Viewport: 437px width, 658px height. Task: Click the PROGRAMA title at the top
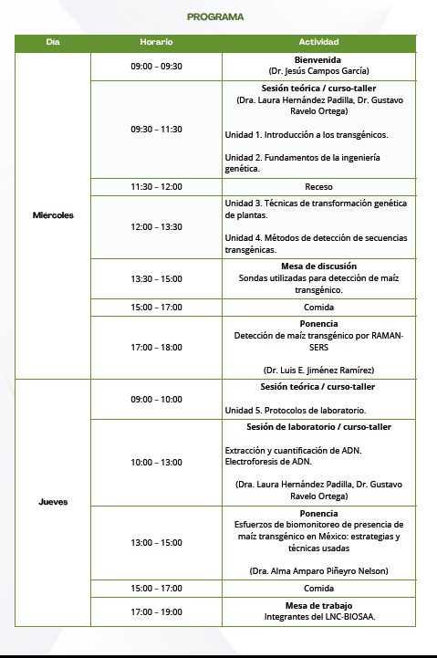pyautogui.click(x=214, y=16)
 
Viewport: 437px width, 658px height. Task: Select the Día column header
pyautogui.click(x=52, y=43)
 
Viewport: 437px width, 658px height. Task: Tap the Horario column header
pyautogui.click(x=156, y=43)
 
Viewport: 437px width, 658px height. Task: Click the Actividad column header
pyautogui.click(x=318, y=43)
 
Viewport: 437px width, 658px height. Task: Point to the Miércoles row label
pyautogui.click(x=52, y=215)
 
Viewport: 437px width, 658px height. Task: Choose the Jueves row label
pyautogui.click(x=52, y=502)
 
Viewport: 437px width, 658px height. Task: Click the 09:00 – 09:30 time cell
pyautogui.click(x=156, y=66)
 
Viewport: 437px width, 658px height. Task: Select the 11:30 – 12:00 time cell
pyautogui.click(x=156, y=187)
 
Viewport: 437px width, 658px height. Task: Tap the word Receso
pyautogui.click(x=318, y=187)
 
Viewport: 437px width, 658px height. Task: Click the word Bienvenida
pyautogui.click(x=318, y=59)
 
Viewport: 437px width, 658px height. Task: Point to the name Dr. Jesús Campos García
pyautogui.click(x=318, y=71)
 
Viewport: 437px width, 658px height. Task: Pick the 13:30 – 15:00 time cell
pyautogui.click(x=156, y=278)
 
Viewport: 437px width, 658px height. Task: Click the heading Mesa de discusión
pyautogui.click(x=318, y=266)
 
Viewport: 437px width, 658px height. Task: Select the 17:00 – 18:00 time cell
pyautogui.click(x=156, y=347)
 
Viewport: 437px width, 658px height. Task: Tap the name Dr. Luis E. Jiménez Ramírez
pyautogui.click(x=318, y=370)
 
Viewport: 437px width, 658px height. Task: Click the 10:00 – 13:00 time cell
pyautogui.click(x=156, y=462)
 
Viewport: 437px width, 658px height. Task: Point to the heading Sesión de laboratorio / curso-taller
pyautogui.click(x=318, y=426)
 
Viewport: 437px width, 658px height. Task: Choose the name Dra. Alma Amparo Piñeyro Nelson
pyautogui.click(x=318, y=570)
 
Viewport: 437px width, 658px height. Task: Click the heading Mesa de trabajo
pyautogui.click(x=318, y=605)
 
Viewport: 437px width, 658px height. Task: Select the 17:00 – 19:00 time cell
pyautogui.click(x=156, y=611)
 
